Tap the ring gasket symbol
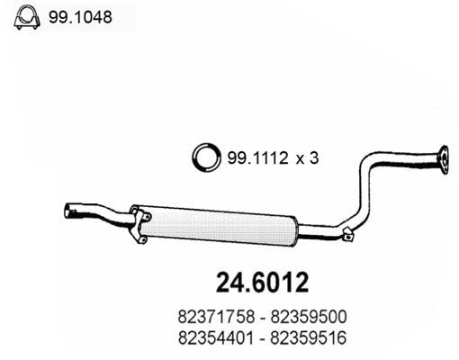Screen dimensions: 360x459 (x=207, y=157)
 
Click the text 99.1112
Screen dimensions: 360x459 (x=257, y=157)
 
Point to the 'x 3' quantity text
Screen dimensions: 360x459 (x=308, y=157)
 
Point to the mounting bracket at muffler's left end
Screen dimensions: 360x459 (x=137, y=222)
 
